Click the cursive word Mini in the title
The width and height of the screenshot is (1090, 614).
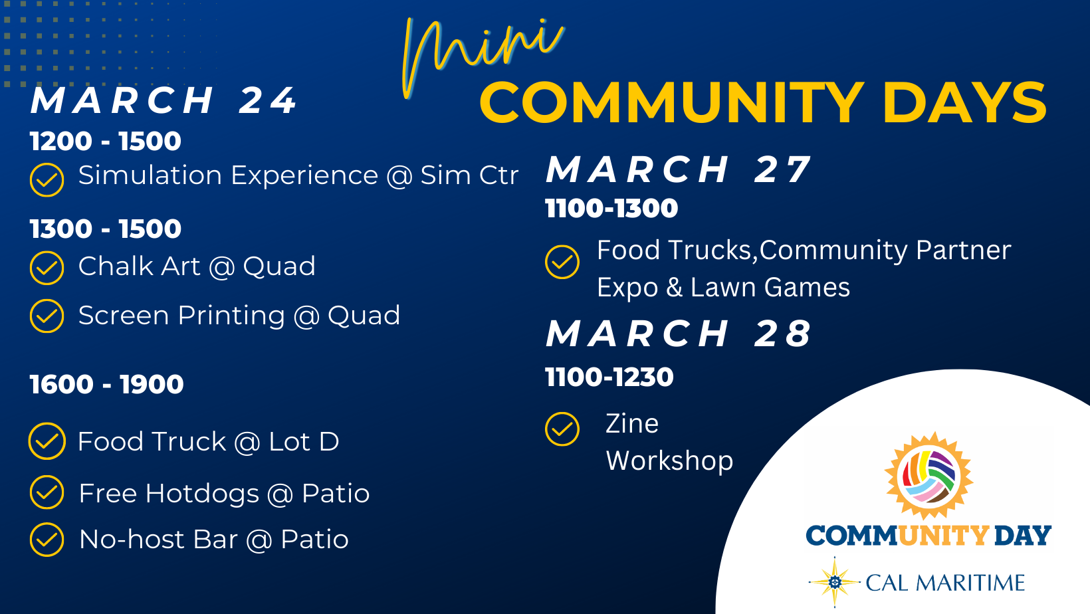[482, 56]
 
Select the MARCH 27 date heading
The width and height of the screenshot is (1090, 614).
[679, 170]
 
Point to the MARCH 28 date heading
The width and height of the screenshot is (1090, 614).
[679, 334]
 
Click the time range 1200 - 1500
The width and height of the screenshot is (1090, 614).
[106, 141]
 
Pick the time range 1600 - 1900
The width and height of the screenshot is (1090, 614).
[106, 384]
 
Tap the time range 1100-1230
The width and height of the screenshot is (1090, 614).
[609, 377]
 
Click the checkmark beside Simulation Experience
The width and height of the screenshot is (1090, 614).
[47, 180]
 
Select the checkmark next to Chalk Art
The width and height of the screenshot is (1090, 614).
[47, 268]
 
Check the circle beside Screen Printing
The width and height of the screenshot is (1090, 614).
[47, 316]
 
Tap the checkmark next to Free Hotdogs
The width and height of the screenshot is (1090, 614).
[47, 492]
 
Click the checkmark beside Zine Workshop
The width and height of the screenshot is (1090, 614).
[562, 429]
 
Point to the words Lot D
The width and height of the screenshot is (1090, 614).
[304, 442]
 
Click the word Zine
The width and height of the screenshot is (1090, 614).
[632, 423]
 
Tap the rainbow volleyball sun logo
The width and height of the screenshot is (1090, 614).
[928, 476]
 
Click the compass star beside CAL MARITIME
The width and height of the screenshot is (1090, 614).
[835, 582]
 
